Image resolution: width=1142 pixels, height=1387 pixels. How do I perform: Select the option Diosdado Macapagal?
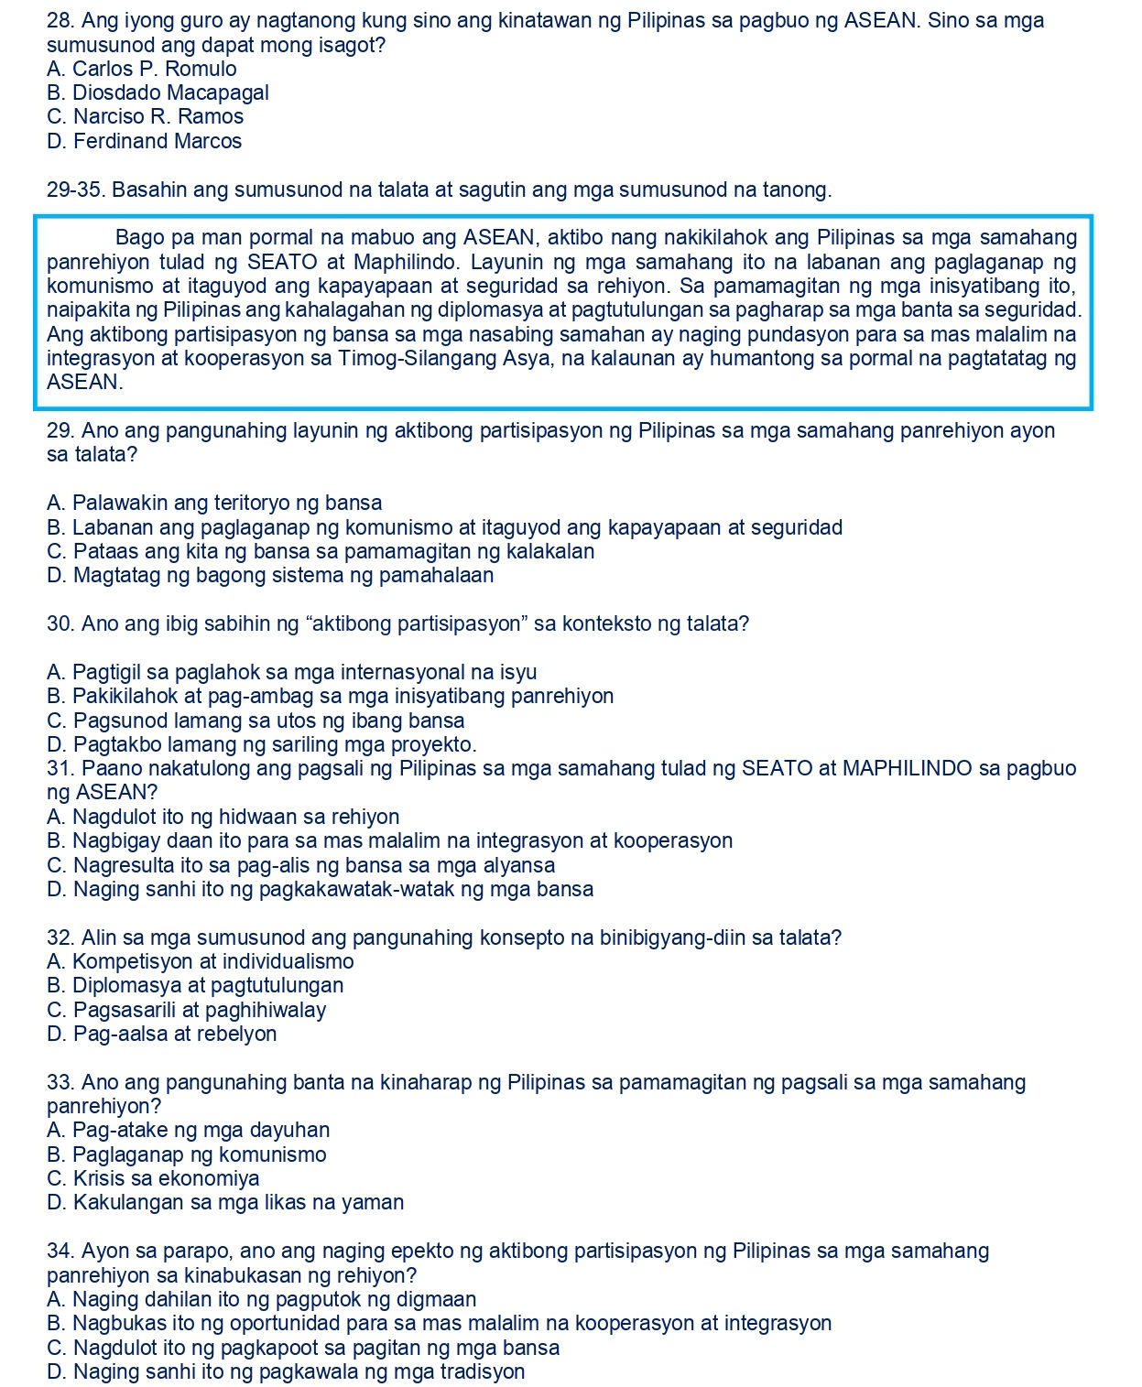pyautogui.click(x=158, y=92)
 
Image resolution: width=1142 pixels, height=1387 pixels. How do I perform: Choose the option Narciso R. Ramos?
pyautogui.click(x=145, y=116)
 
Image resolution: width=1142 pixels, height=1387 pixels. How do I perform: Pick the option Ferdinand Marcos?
pyautogui.click(x=144, y=141)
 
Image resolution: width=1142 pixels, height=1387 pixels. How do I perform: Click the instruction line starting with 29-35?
pyautogui.click(x=439, y=190)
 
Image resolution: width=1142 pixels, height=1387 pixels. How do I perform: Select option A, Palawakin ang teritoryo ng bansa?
pyautogui.click(x=214, y=503)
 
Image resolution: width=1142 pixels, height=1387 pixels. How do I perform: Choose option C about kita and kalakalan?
pyautogui.click(x=321, y=551)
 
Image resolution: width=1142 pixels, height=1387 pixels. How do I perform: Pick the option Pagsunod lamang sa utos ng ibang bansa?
pyautogui.click(x=256, y=721)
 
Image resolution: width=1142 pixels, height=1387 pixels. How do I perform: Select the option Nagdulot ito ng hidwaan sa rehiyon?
pyautogui.click(x=223, y=817)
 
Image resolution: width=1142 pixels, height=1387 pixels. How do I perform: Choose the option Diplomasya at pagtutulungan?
pyautogui.click(x=195, y=985)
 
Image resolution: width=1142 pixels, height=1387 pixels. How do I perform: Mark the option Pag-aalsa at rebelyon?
pyautogui.click(x=161, y=1034)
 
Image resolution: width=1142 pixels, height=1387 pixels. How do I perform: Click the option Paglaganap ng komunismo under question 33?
pyautogui.click(x=186, y=1154)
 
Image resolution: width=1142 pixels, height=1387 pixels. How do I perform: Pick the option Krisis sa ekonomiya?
pyautogui.click(x=153, y=1178)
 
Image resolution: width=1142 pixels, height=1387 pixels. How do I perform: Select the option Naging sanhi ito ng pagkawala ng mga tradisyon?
pyautogui.click(x=286, y=1371)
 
